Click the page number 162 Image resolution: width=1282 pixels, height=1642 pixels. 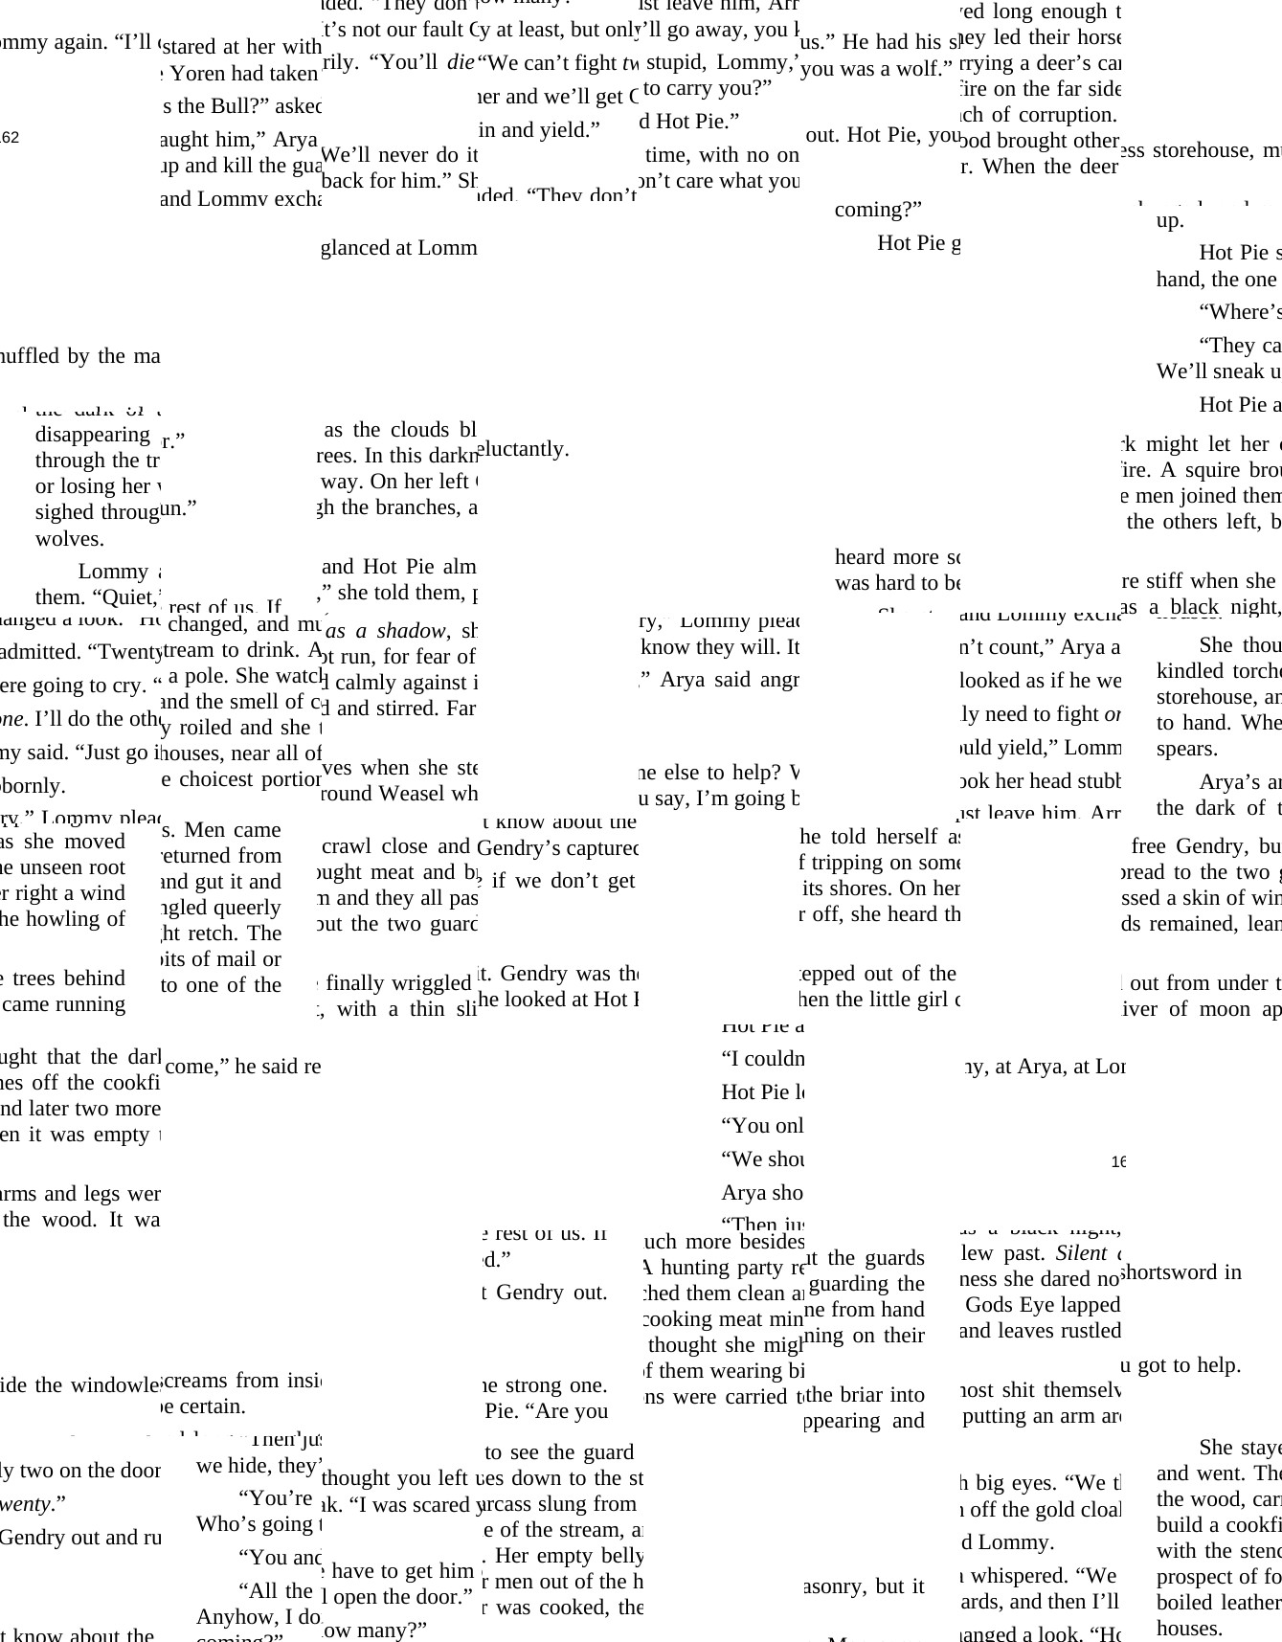(10, 138)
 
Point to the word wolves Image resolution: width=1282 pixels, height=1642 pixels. (69, 538)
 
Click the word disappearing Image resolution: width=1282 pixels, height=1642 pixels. (92, 434)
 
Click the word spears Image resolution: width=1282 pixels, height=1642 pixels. (1186, 748)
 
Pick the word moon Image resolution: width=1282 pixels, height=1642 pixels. (1228, 1008)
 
